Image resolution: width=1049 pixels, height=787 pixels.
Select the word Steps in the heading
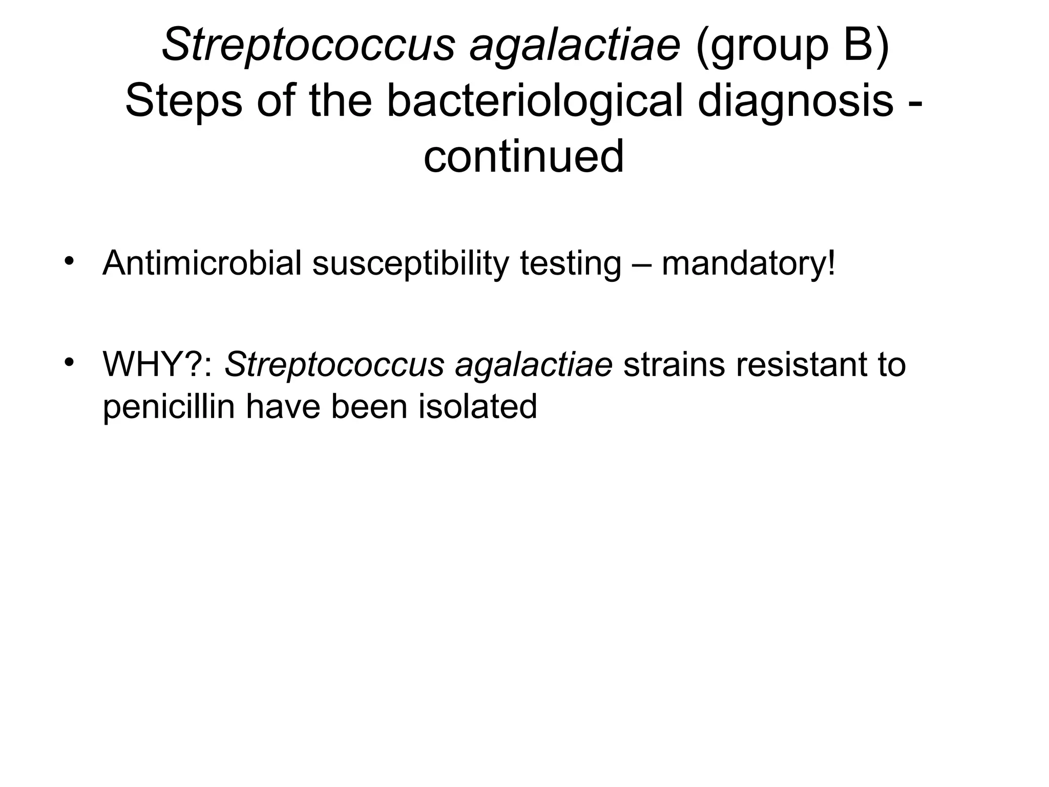[183, 101]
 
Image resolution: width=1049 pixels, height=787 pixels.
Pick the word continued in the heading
[523, 156]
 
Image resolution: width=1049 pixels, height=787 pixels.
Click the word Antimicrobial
[202, 263]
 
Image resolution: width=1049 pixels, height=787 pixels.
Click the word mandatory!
[748, 263]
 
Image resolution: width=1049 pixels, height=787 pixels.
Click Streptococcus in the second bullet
[334, 365]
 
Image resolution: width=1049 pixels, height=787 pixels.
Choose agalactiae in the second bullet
[533, 365]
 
